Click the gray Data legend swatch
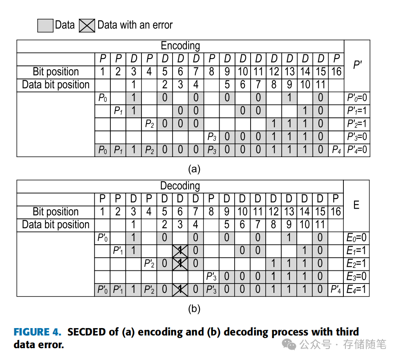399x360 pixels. [x=45, y=25]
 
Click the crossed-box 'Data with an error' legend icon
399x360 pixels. [x=87, y=25]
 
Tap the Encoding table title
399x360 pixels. [x=180, y=46]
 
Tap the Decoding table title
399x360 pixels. [x=180, y=186]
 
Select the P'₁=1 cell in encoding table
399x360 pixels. [x=357, y=111]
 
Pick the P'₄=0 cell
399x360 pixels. [x=357, y=150]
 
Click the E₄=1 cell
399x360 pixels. [x=356, y=290]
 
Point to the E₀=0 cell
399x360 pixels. [x=356, y=238]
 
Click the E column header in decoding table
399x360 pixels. [x=356, y=205]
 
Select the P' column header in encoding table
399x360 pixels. [x=357, y=64]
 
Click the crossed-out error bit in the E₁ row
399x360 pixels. [x=180, y=251]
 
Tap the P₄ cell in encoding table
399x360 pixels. [x=336, y=150]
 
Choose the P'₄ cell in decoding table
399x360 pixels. [x=336, y=290]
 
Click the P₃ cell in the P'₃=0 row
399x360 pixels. [x=211, y=137]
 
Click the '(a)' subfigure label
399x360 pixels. [x=194, y=169]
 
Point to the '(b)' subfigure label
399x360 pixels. [x=194, y=309]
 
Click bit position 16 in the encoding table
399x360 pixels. [x=336, y=72]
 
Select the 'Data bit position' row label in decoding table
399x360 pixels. [x=56, y=225]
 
